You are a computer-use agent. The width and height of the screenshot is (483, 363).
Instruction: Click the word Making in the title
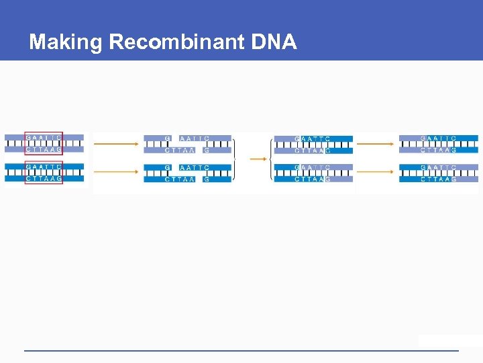coord(65,42)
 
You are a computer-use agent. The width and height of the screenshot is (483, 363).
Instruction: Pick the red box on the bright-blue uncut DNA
coord(44,172)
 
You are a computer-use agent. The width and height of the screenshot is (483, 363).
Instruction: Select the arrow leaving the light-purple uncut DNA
coord(115,143)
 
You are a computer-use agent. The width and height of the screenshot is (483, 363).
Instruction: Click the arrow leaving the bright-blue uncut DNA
coord(115,171)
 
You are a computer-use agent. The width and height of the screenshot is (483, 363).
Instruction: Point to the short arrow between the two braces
coord(257,159)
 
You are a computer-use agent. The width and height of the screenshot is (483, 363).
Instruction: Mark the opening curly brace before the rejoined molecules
coord(272,159)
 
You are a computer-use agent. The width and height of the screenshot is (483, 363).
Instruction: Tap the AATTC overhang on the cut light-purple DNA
coord(195,138)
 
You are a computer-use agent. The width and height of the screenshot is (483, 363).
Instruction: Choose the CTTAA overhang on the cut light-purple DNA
coord(180,150)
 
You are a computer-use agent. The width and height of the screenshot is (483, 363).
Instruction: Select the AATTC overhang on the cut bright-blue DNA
coord(195,167)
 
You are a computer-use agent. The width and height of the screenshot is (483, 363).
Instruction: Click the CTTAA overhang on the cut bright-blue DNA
coord(180,179)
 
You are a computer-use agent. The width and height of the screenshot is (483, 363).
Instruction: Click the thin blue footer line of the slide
coord(241,350)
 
